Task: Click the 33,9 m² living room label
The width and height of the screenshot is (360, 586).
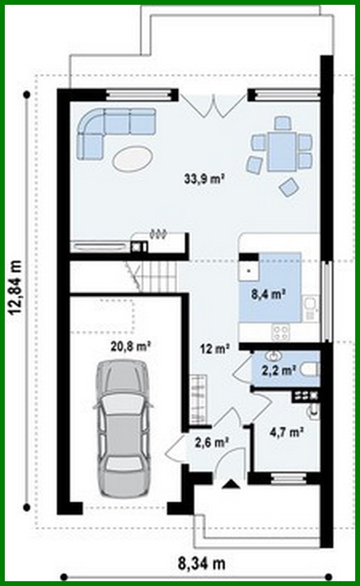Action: point(204,180)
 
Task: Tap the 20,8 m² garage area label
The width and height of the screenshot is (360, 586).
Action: point(130,346)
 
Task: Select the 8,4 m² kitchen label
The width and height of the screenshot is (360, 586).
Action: point(268,292)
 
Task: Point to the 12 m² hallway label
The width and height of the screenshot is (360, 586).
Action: point(215,349)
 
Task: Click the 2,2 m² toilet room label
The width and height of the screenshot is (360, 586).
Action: point(279,369)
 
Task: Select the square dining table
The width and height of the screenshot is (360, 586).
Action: point(281,152)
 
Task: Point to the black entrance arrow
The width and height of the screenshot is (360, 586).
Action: point(230,484)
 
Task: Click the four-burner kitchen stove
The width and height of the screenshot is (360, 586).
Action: point(281,332)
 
